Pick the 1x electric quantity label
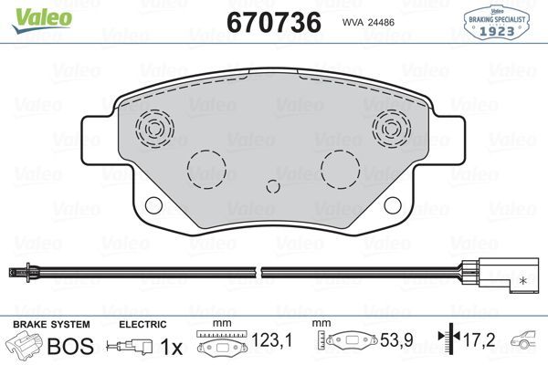click(170, 347)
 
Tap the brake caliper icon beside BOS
click(25, 346)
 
